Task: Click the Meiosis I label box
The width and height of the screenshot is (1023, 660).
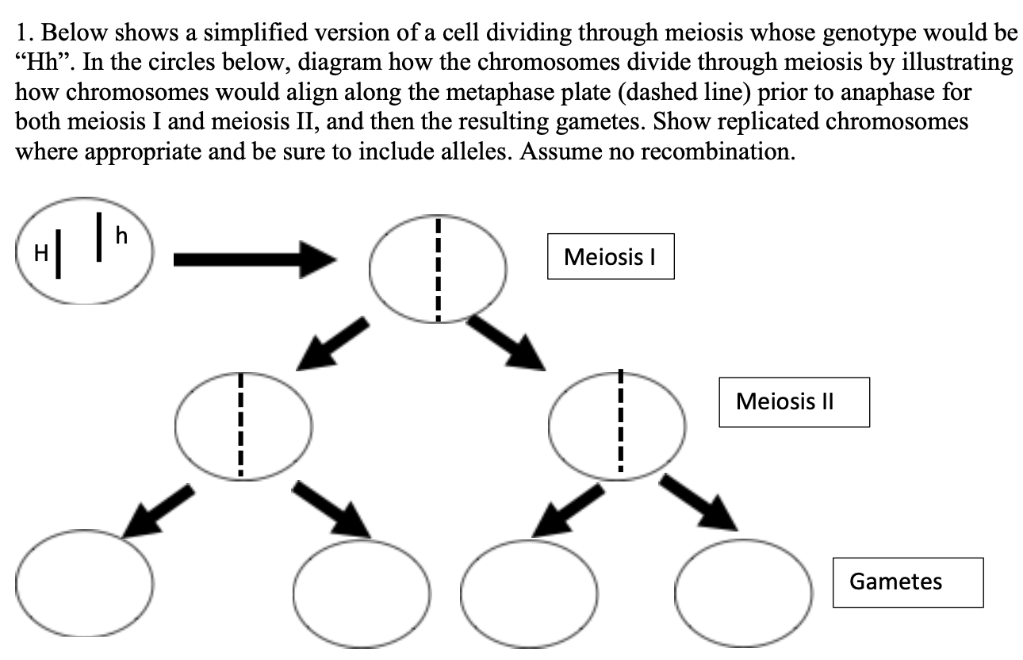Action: click(610, 256)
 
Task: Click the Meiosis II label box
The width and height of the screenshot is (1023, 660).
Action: click(794, 402)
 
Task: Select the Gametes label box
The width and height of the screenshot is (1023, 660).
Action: click(907, 581)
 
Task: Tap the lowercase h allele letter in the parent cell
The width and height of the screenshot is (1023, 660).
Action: click(121, 235)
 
